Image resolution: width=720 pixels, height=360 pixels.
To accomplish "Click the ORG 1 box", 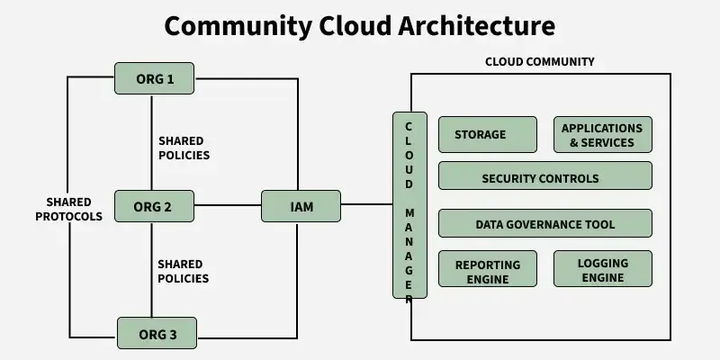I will [154, 78].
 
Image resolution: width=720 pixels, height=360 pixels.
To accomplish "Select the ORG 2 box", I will [154, 207].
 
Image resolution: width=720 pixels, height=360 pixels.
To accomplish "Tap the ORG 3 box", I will [157, 334].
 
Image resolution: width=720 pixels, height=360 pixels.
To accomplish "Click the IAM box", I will [301, 207].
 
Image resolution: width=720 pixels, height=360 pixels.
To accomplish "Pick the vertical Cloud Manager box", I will [409, 205].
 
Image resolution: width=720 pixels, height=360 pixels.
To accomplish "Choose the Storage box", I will [487, 135].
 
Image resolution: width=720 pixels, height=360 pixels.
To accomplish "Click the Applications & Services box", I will [602, 135].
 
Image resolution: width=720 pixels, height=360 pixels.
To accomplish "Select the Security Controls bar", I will [544, 176].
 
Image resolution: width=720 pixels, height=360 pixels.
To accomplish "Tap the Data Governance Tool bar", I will [544, 223].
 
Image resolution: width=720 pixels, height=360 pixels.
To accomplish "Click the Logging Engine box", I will [602, 268].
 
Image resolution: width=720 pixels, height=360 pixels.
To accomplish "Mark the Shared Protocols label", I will [75, 209].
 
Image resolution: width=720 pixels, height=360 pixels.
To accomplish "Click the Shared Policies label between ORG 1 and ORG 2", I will [184, 148].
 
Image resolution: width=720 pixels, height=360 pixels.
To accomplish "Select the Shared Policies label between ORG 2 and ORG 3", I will [184, 271].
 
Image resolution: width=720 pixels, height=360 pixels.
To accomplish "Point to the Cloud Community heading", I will [540, 62].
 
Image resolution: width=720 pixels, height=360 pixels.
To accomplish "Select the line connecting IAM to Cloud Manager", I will [366, 204].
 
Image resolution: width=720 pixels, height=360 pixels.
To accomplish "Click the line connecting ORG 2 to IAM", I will [227, 206].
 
